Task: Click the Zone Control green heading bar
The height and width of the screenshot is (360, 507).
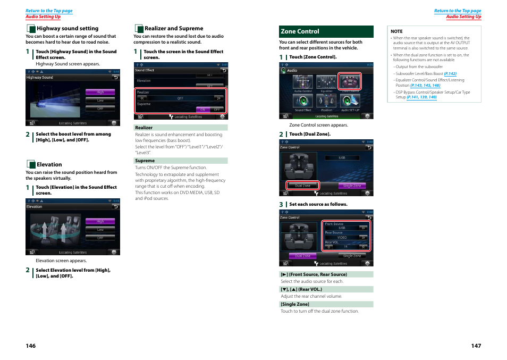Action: [326, 31]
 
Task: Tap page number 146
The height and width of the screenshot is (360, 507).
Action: [31, 346]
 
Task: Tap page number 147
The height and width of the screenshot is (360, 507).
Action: [476, 346]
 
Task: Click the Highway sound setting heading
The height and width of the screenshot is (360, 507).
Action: [67, 29]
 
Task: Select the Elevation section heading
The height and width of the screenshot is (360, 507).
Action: [49, 165]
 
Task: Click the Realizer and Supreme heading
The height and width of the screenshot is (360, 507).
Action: [173, 29]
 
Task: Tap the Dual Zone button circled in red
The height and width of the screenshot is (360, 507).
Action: [303, 186]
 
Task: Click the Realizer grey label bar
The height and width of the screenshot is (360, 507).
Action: [180, 128]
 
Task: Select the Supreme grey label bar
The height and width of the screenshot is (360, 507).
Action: [180, 161]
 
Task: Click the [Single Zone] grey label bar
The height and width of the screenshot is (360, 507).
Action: [326, 304]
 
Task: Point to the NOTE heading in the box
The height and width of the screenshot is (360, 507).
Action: [397, 31]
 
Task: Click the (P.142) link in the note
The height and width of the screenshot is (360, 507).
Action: [450, 74]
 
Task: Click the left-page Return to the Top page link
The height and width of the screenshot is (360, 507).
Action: [49, 11]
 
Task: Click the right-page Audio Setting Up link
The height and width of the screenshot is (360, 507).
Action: [463, 17]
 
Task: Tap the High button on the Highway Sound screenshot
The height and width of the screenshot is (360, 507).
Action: [100, 92]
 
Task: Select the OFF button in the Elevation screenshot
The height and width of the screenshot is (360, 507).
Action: [100, 238]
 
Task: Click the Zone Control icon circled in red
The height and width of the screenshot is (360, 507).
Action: [350, 82]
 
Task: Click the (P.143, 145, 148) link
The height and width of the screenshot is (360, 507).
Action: [425, 86]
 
